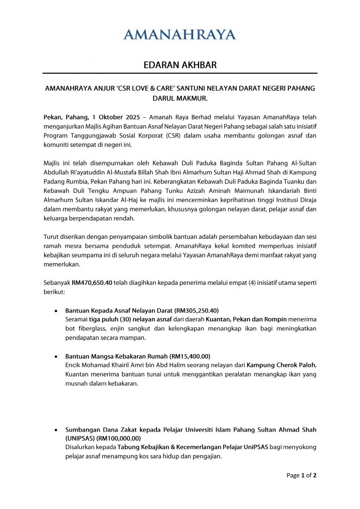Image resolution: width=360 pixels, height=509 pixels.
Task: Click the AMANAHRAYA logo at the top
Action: [180, 34]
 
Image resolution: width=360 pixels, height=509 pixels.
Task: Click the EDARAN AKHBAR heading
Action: [180, 65]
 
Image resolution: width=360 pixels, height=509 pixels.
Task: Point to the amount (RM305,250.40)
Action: [196, 311]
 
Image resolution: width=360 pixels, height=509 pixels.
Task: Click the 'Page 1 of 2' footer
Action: [301, 475]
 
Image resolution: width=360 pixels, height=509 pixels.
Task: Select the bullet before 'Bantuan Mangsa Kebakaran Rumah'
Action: [56, 357]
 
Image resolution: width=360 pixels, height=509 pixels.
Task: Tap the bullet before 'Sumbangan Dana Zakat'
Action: [56, 430]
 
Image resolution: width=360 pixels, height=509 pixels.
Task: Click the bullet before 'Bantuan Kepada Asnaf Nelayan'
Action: [56, 311]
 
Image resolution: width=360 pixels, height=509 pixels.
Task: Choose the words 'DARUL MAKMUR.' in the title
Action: [180, 98]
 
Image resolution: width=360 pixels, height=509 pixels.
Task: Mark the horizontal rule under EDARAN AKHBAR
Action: [180, 73]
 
